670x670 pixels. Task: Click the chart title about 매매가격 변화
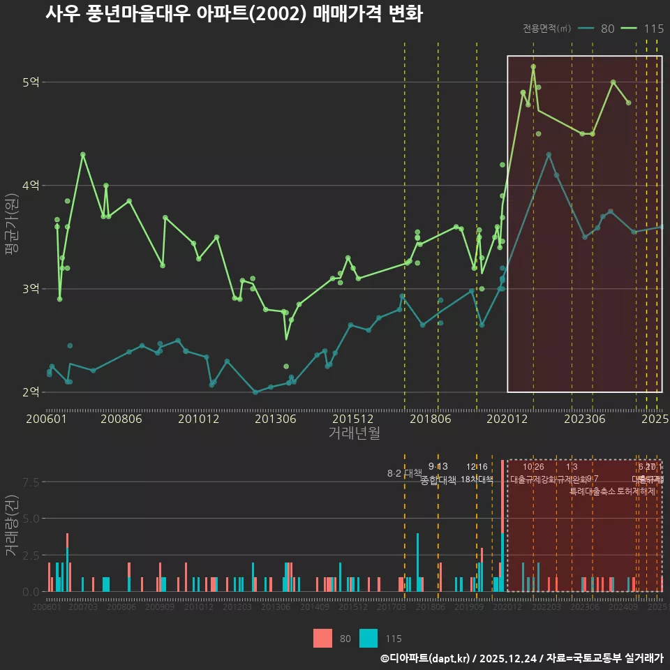pyautogui.click(x=234, y=14)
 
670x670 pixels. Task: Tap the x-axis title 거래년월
pyautogui.click(x=354, y=433)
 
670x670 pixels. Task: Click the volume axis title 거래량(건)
pyautogui.click(x=11, y=526)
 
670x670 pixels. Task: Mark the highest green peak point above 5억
pyautogui.click(x=533, y=67)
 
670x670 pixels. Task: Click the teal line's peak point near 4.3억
pyautogui.click(x=549, y=154)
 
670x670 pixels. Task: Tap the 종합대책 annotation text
pyautogui.click(x=438, y=480)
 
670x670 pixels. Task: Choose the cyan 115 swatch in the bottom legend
pyautogui.click(x=368, y=638)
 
